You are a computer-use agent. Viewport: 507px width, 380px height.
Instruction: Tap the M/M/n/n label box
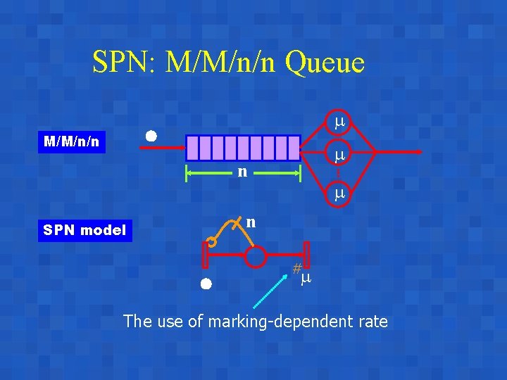coord(71,142)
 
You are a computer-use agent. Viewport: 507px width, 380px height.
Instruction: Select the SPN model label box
coord(84,230)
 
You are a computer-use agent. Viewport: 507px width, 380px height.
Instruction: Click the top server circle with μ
coord(339,123)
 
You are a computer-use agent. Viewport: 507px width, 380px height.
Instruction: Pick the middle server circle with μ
coord(339,154)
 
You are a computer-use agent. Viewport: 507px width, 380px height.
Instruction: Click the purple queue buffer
coord(244,148)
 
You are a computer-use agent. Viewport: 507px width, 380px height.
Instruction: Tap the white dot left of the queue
coord(151,136)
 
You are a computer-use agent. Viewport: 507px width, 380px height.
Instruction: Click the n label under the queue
coord(242,171)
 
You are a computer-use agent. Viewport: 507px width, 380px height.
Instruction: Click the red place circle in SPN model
coord(256,257)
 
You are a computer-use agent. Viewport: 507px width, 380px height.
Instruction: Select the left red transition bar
coord(206,254)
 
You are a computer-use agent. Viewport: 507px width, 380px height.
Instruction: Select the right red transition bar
coord(307,254)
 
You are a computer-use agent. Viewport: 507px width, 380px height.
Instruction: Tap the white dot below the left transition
coord(205,284)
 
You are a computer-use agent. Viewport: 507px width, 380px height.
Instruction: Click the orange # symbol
coord(297,268)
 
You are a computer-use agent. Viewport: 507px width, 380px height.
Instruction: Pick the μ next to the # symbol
coord(306,279)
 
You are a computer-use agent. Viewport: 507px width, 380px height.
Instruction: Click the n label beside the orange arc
coord(250,222)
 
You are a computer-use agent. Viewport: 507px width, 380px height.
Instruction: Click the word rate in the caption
coord(372,322)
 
